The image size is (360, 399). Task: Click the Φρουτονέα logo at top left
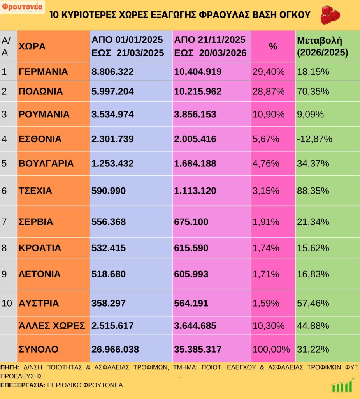23,7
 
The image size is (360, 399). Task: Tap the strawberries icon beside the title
330,14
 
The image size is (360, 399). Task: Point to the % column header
273,46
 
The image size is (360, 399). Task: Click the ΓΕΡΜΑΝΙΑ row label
43,72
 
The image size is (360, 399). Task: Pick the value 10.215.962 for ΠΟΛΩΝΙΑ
198,92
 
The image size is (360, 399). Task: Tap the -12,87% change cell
314,139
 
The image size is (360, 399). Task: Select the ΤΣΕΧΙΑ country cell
35,191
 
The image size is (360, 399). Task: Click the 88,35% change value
313,191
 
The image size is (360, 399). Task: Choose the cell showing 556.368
109,222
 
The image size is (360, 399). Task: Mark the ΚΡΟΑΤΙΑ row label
40,248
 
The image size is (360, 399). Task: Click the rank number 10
7,303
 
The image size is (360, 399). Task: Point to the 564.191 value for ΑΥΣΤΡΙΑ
191,303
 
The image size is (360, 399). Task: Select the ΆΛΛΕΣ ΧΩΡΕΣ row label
52,326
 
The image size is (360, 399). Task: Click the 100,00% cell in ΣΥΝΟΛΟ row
271,349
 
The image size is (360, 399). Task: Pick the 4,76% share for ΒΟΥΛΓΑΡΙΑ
266,163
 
